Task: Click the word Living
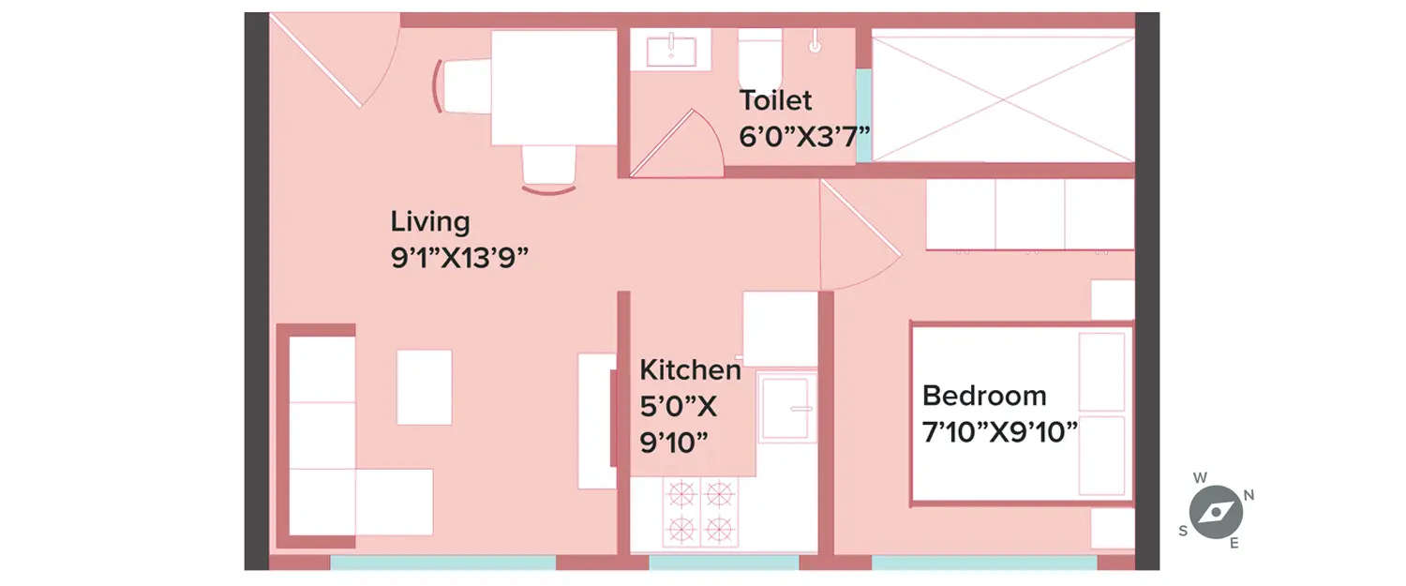tap(429, 223)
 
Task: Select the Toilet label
tap(775, 100)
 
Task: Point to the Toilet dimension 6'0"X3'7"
tap(804, 136)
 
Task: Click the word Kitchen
tap(690, 370)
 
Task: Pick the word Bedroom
tap(983, 395)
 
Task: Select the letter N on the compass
tap(1249, 495)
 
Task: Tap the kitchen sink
tap(786, 408)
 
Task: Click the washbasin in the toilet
tap(671, 48)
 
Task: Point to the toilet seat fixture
tap(759, 58)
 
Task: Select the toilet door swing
tap(678, 145)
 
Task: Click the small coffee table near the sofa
tap(424, 386)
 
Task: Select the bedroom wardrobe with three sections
tap(1029, 215)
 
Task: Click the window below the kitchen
tap(724, 563)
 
